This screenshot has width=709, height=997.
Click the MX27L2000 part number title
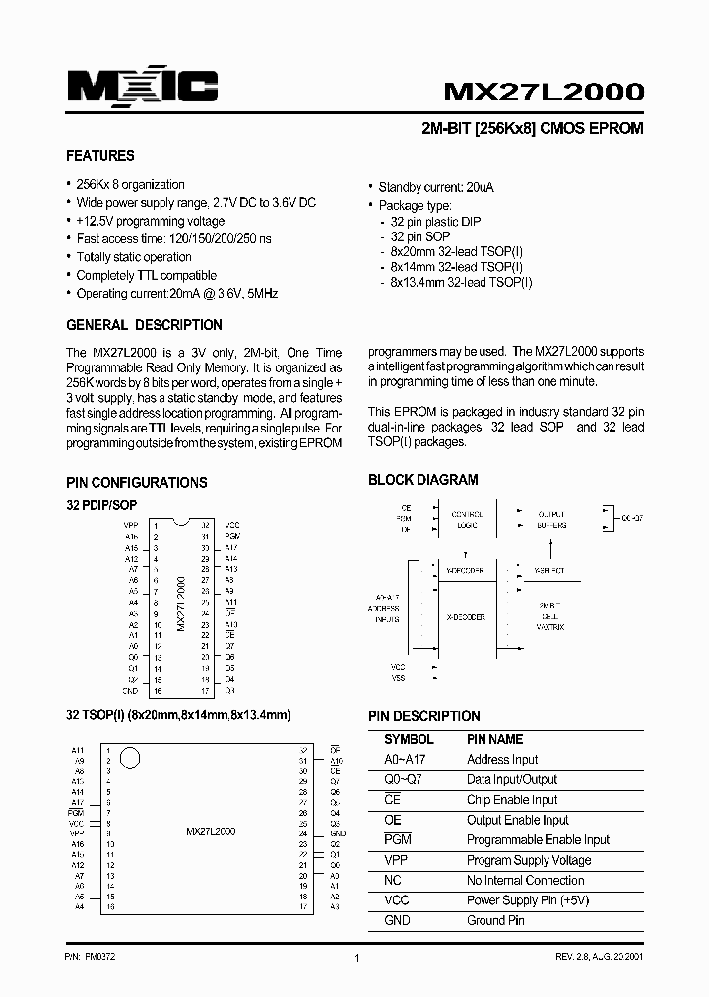point(544,92)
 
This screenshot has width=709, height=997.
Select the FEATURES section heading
point(99,156)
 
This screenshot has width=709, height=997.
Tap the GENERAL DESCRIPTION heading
point(144,325)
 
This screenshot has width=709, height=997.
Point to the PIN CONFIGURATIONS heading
point(136,483)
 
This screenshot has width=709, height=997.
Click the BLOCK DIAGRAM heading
point(422,480)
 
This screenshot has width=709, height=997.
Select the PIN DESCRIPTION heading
point(424,716)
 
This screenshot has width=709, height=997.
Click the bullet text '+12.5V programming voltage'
point(150,222)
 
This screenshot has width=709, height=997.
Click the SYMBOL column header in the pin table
point(409,739)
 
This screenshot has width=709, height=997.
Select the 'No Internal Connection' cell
point(525,881)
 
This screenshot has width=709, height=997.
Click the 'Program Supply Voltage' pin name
point(528,860)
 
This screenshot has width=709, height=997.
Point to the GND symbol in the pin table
point(398,920)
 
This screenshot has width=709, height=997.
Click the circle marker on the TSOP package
point(131,759)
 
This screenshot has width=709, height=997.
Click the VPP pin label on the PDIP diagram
point(130,525)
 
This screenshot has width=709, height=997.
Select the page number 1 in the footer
point(355,958)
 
